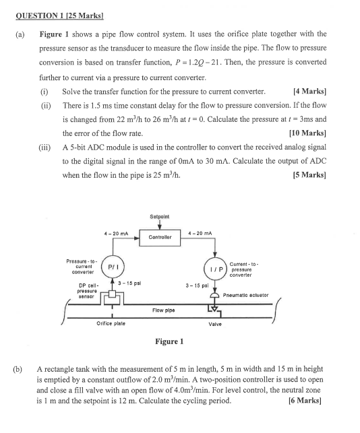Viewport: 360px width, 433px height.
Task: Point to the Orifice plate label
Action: tap(111, 324)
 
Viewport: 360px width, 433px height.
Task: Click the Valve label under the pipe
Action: tap(216, 324)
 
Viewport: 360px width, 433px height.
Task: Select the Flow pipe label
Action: tap(164, 310)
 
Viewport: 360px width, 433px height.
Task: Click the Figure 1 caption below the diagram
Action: tap(169, 341)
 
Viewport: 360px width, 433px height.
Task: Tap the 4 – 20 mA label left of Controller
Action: tap(117, 233)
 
